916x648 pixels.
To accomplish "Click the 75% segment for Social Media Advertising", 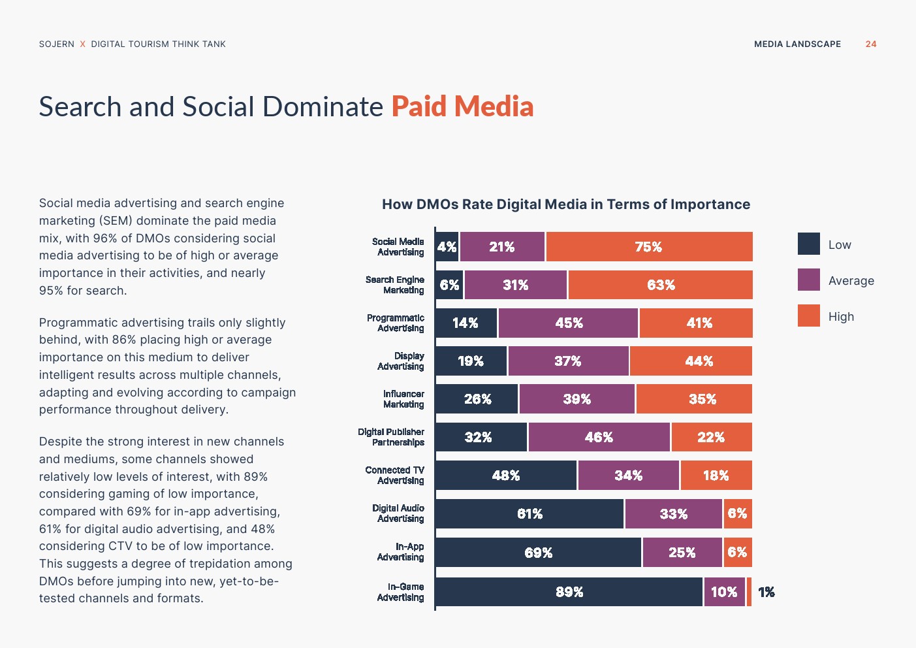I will click(649, 247).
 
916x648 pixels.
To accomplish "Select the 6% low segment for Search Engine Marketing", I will click(449, 285).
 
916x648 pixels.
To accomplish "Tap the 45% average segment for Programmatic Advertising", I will click(568, 323).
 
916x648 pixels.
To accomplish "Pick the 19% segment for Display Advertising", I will click(471, 361).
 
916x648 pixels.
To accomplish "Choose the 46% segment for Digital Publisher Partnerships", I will click(599, 437).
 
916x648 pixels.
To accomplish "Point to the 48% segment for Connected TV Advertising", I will click(506, 476).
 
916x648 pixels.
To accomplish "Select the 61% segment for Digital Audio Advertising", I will click(529, 514).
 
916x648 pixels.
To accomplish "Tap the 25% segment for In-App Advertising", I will click(682, 553).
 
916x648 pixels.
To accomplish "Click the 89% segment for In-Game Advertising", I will click(569, 592).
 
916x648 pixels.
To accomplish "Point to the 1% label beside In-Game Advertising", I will click(766, 592).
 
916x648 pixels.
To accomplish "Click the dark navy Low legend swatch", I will click(808, 244).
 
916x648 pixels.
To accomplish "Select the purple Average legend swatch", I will click(808, 280).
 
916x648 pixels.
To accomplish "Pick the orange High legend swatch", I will click(808, 316).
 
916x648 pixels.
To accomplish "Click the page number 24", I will click(871, 44).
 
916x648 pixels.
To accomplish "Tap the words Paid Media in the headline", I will click(462, 106).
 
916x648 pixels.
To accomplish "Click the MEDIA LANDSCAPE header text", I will click(797, 44).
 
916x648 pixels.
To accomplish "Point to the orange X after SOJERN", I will click(83, 44).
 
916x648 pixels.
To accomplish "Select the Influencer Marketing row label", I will click(403, 399).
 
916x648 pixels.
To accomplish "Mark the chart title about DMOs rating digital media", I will click(566, 204).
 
